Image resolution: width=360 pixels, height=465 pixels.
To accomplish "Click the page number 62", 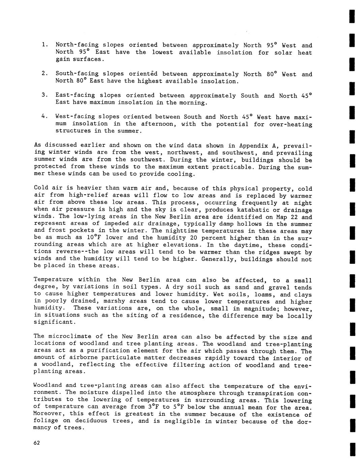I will (x=37, y=443).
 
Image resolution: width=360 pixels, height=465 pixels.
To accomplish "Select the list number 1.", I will (x=44, y=45).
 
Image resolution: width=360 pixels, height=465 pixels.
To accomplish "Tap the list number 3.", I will (x=44, y=95).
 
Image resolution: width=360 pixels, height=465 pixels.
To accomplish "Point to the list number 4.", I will (x=44, y=117).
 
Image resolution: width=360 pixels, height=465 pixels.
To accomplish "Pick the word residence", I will (x=186, y=316).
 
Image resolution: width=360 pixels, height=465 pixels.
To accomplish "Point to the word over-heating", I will (x=291, y=124).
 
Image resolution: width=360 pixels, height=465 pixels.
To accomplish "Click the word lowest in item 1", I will (x=162, y=52).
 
